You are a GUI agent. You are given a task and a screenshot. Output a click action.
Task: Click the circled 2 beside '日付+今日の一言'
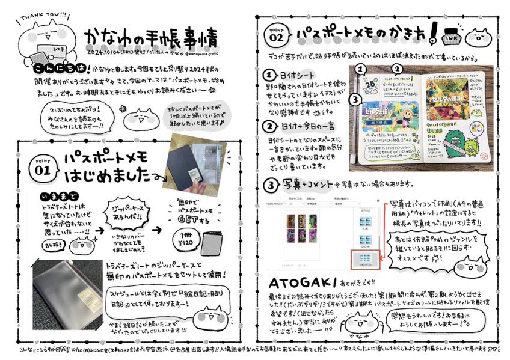coord(271,126)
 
